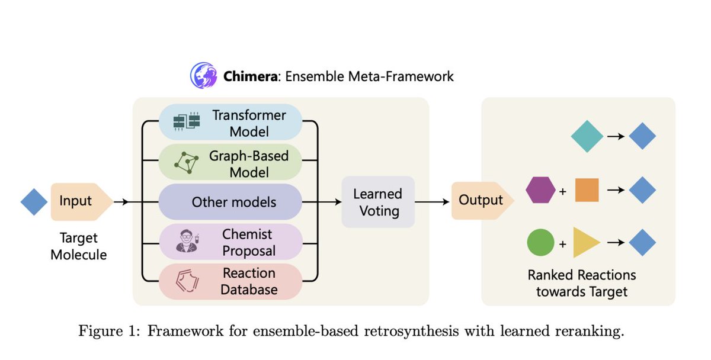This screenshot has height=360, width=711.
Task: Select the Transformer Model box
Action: click(x=230, y=122)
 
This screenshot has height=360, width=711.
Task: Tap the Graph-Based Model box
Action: click(x=230, y=163)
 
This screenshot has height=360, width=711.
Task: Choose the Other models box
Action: click(x=230, y=202)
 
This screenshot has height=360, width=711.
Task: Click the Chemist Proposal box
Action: click(x=230, y=242)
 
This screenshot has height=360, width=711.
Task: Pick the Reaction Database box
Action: click(x=230, y=281)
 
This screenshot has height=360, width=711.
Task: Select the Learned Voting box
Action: click(x=377, y=202)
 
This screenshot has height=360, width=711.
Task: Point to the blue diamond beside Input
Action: click(x=34, y=202)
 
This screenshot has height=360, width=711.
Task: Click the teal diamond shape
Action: click(x=587, y=137)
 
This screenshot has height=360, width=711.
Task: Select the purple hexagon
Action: click(x=540, y=190)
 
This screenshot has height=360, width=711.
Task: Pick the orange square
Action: click(x=587, y=190)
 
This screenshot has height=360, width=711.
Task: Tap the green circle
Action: click(x=540, y=243)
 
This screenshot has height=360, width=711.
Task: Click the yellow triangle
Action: click(x=585, y=243)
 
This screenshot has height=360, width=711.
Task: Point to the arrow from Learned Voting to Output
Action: click(x=432, y=202)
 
